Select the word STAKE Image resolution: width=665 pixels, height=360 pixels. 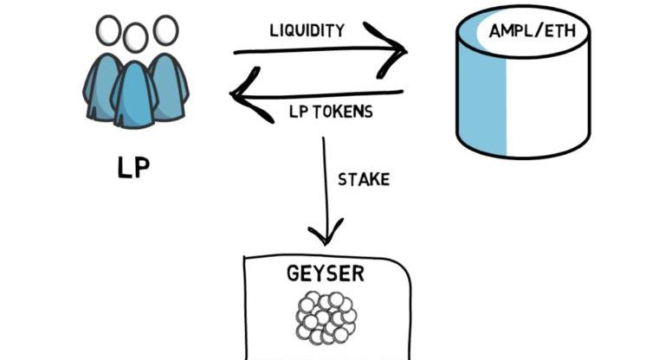point(363,180)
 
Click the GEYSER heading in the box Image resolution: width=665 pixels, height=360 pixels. point(326,274)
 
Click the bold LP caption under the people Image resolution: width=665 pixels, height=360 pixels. point(132,166)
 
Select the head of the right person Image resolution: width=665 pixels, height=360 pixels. point(165,29)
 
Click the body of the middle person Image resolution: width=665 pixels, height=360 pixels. point(134,95)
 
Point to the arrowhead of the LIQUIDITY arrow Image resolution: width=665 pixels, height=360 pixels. point(394,50)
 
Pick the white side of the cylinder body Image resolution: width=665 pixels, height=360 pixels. point(554,104)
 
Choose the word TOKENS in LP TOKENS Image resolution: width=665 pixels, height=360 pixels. point(339,112)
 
